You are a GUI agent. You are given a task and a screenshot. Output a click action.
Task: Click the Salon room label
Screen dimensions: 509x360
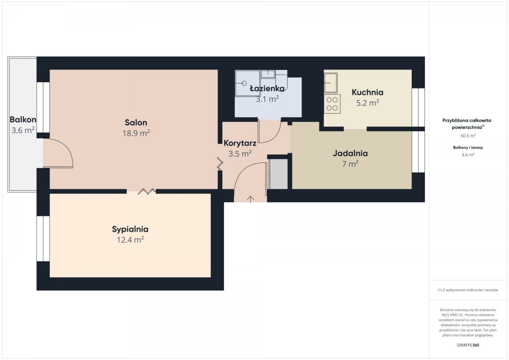(x=136, y=123)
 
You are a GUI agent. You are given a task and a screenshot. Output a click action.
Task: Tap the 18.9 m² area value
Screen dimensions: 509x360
(x=136, y=133)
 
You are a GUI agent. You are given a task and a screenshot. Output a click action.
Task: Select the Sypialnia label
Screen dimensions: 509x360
(x=130, y=229)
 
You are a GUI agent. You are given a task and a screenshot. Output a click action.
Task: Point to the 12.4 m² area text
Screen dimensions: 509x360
(x=131, y=240)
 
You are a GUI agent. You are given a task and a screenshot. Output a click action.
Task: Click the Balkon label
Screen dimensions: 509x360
(x=23, y=120)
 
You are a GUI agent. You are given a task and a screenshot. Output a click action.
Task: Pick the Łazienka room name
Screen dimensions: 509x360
(x=267, y=88)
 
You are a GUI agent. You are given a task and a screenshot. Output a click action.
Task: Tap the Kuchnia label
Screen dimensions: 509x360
(x=367, y=92)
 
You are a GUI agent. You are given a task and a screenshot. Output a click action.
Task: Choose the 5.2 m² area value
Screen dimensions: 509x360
(x=367, y=103)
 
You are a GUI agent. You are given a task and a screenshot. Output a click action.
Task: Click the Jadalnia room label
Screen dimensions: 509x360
(x=350, y=153)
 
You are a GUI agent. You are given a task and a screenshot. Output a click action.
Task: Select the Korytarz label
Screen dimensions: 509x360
(x=240, y=143)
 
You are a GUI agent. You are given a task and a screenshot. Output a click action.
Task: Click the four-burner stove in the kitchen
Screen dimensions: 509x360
(x=332, y=104)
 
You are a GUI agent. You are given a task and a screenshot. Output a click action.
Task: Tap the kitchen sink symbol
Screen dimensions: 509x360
(x=330, y=83)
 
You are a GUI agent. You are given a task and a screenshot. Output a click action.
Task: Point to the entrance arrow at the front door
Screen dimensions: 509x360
(x=250, y=199)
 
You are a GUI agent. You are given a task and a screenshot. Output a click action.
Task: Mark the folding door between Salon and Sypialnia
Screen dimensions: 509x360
(x=147, y=191)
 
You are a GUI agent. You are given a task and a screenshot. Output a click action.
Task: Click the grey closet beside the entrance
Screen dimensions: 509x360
(x=279, y=174)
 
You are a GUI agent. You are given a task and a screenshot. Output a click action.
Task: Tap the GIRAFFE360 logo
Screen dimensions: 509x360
(x=468, y=345)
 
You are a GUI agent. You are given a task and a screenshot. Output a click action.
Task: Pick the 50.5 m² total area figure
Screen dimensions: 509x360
(x=468, y=136)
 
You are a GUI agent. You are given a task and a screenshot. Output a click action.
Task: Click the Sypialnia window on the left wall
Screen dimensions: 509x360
(x=43, y=238)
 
